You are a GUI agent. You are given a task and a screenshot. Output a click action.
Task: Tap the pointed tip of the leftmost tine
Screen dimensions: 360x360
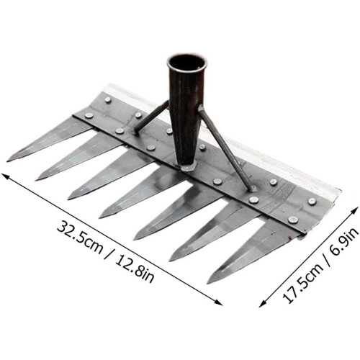pyautogui.click(x=7, y=161)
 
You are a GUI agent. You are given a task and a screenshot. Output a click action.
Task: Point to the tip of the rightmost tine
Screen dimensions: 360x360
pyautogui.click(x=208, y=283)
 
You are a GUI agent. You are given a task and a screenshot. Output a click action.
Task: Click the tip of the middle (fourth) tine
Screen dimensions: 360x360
pyautogui.click(x=100, y=217)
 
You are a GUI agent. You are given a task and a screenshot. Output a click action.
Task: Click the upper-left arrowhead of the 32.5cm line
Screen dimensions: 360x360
pyautogui.click(x=5, y=176)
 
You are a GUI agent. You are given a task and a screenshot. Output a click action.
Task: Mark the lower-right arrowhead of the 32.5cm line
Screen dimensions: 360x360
pyautogui.click(x=219, y=303)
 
